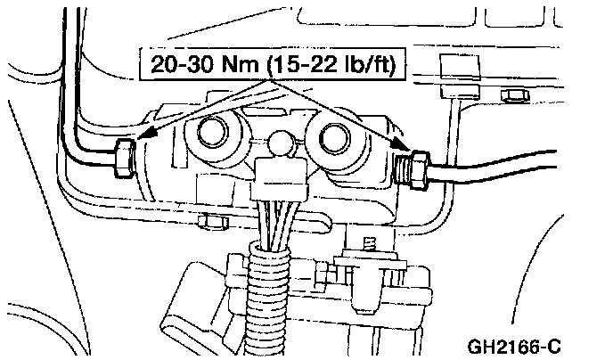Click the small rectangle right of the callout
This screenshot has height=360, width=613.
click(x=453, y=68)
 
